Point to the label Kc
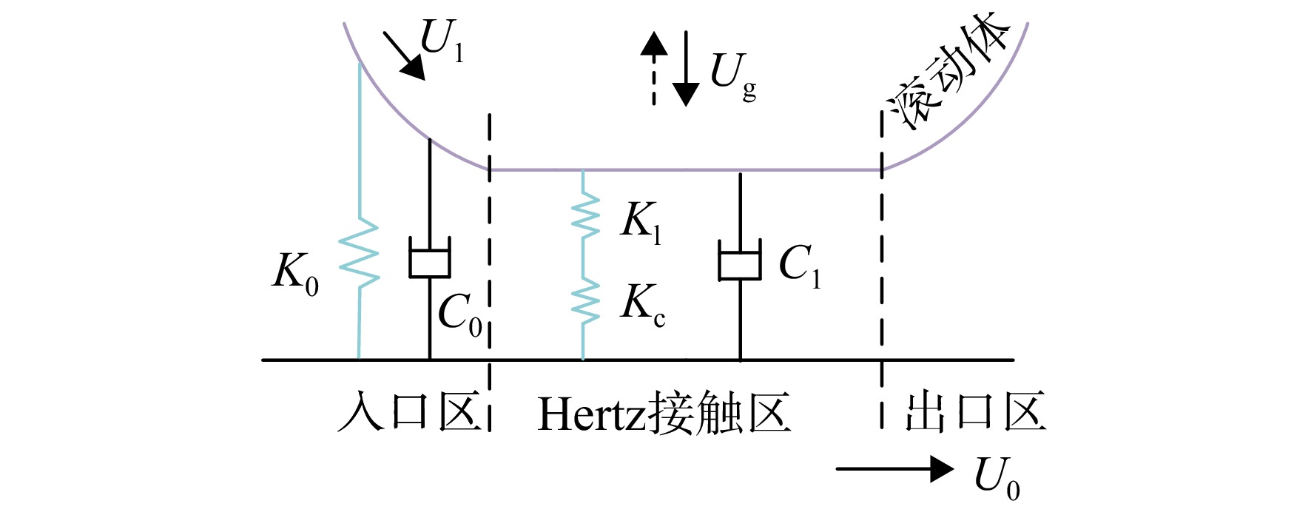click(x=643, y=304)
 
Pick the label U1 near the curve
click(x=442, y=40)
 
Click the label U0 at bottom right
click(x=997, y=477)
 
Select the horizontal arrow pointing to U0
click(x=894, y=469)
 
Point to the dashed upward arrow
click(x=653, y=68)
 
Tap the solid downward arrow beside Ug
click(x=686, y=68)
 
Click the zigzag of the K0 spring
click(x=360, y=252)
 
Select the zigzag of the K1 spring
click(x=584, y=215)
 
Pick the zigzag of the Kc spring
click(x=584, y=300)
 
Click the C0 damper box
click(x=430, y=257)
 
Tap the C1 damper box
click(x=740, y=260)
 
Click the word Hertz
click(x=592, y=414)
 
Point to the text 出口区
click(x=975, y=412)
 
